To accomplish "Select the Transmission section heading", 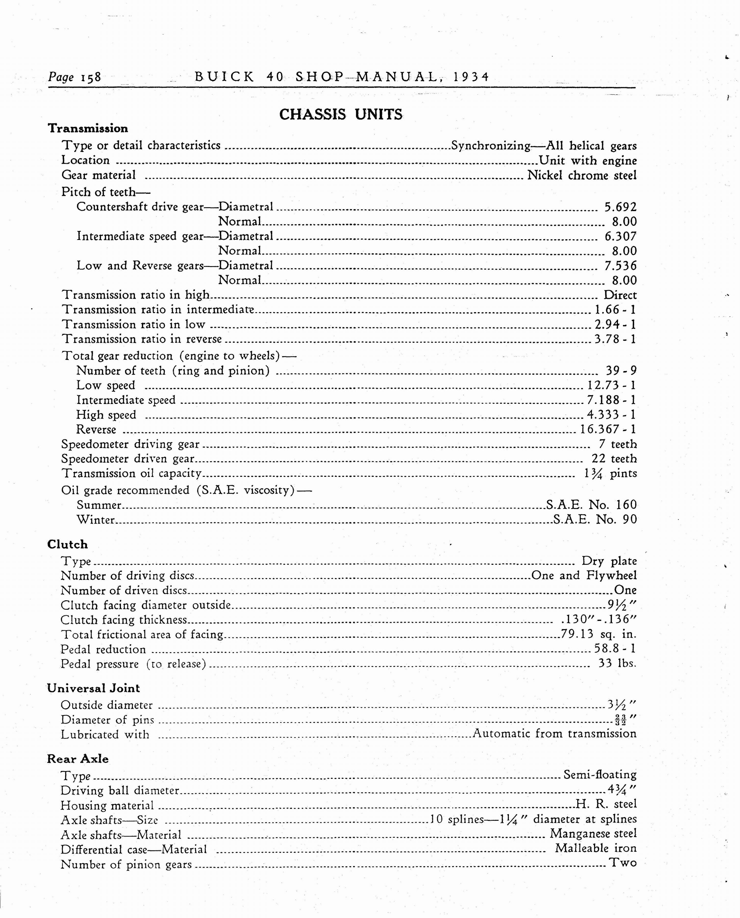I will (88, 128).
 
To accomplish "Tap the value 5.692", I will (620, 207).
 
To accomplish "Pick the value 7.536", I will (620, 266).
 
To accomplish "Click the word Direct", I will (620, 295).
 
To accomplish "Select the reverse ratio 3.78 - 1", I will (615, 339).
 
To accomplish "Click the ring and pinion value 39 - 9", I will (621, 371).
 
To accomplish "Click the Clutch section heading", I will (67, 545).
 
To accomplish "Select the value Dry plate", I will (609, 561).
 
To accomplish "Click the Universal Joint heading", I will (93, 688).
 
